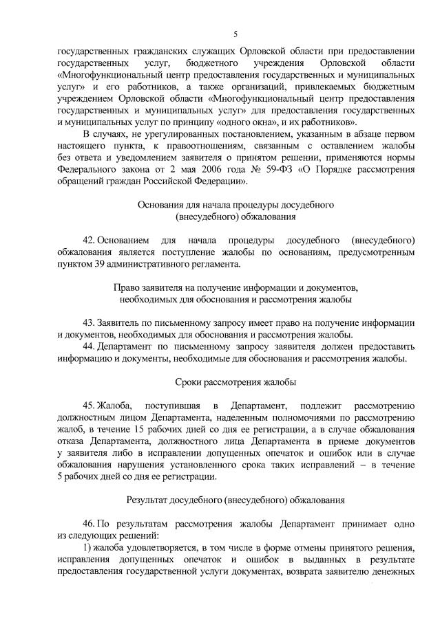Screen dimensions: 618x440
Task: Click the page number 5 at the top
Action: point(235,34)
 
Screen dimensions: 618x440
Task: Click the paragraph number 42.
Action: point(87,240)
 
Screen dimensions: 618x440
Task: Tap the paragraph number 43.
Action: point(87,322)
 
